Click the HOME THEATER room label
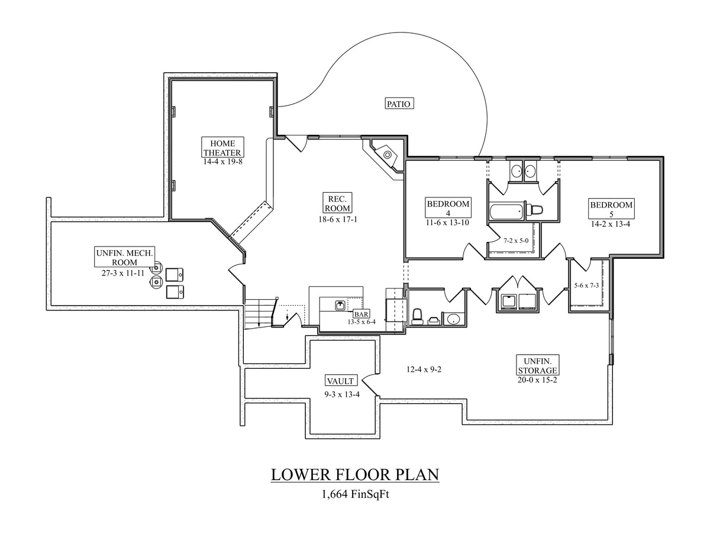(x=222, y=147)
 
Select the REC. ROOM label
(x=337, y=202)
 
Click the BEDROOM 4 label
(x=448, y=209)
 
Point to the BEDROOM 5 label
(x=611, y=209)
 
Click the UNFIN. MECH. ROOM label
(x=124, y=258)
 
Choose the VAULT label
(x=340, y=381)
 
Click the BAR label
(x=360, y=314)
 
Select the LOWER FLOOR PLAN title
(x=355, y=475)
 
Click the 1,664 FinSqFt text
(x=355, y=494)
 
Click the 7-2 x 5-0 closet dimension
(x=515, y=241)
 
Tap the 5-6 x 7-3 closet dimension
(x=586, y=286)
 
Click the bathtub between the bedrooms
(x=506, y=210)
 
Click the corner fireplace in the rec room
(x=386, y=155)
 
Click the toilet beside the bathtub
(x=536, y=210)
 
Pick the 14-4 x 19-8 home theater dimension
(x=222, y=161)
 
